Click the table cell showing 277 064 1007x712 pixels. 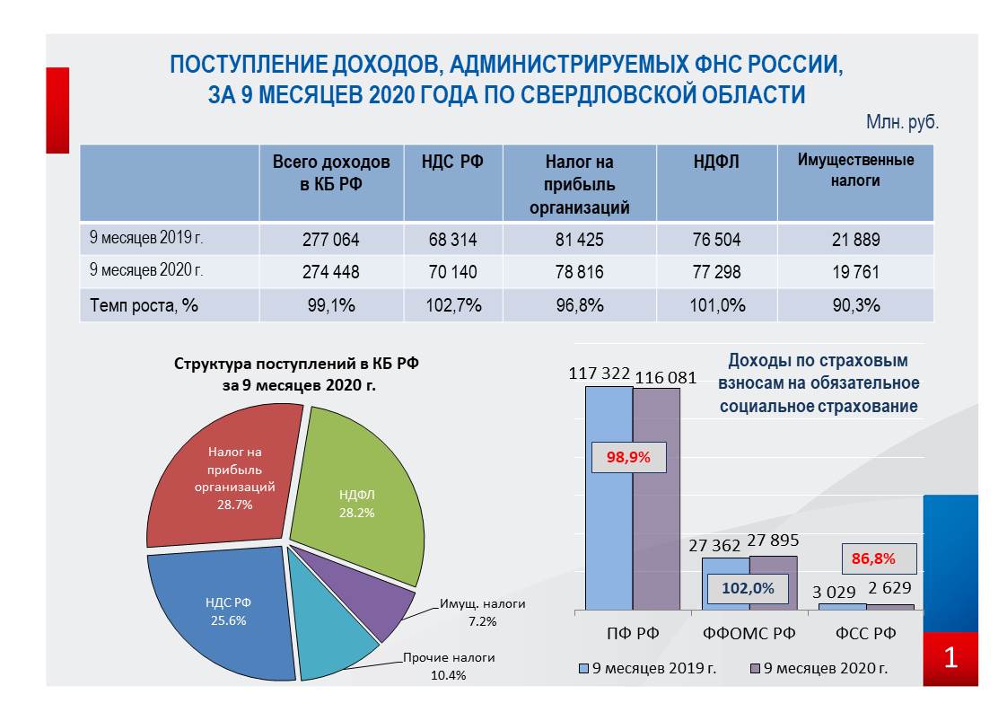[331, 240]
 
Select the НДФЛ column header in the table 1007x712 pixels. [716, 162]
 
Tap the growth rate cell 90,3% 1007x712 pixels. [855, 305]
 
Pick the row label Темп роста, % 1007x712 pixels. [144, 305]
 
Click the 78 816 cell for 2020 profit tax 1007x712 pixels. [579, 272]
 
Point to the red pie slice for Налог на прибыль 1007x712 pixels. [224, 476]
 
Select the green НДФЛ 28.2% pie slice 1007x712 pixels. [360, 495]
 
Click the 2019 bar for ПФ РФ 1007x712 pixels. [609, 498]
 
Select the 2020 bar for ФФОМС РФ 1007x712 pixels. [774, 583]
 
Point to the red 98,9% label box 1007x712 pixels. [629, 458]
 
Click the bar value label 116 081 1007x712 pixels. [665, 378]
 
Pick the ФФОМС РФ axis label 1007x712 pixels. [749, 634]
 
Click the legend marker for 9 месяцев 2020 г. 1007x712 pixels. [756, 669]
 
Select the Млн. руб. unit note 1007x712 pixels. [902, 121]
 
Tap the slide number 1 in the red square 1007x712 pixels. [950, 658]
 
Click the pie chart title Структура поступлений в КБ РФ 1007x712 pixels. [296, 364]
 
